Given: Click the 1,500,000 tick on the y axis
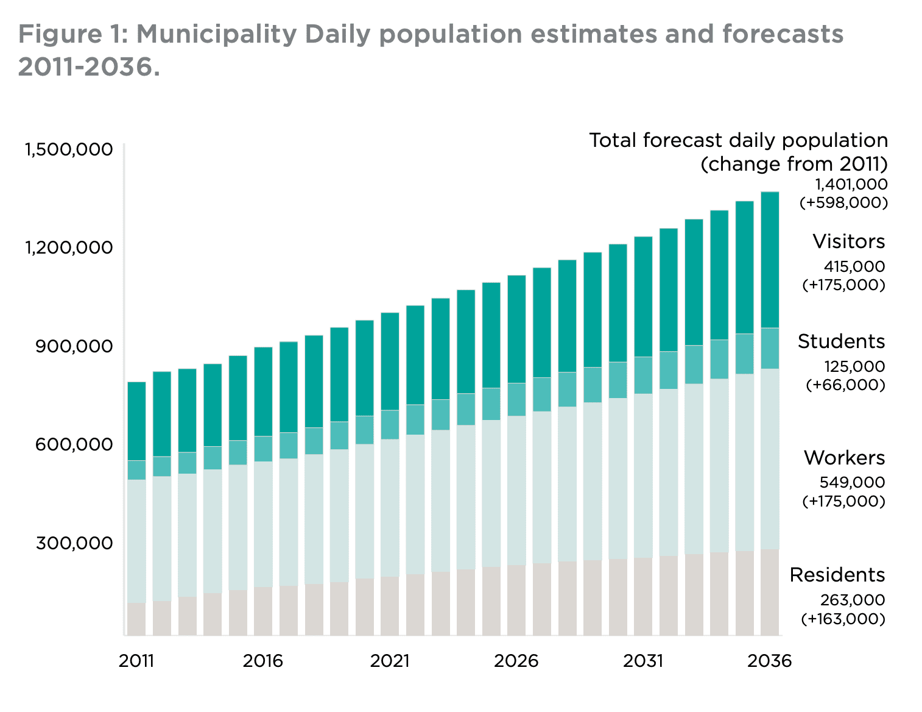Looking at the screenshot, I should (x=68, y=149).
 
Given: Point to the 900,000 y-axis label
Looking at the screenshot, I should (x=74, y=346).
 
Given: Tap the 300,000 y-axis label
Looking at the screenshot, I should (x=74, y=543).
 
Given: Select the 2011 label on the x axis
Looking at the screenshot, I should (x=136, y=661).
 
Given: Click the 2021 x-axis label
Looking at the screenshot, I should (x=390, y=661).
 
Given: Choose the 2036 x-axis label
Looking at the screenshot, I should (x=769, y=661).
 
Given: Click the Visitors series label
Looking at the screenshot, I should (x=848, y=242).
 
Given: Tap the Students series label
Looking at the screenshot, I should (x=841, y=342).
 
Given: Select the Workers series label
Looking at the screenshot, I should (x=844, y=458).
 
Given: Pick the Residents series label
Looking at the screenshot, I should (x=837, y=575).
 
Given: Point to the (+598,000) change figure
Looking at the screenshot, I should (x=843, y=203).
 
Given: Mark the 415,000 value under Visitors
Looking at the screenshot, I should (x=854, y=267).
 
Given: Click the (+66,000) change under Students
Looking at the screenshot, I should (x=845, y=385).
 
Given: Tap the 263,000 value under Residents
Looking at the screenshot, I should (x=851, y=600).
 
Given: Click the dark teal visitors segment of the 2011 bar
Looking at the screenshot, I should (x=136, y=421).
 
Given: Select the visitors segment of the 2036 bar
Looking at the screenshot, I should (x=770, y=260).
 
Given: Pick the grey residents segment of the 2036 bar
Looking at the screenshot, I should (x=770, y=592).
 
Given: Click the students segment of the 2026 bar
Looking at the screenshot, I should (x=516, y=399).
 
